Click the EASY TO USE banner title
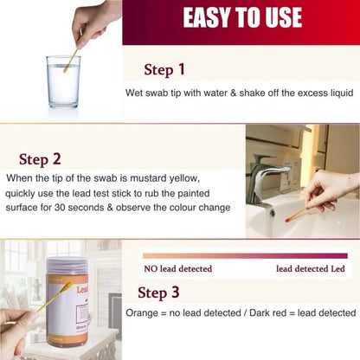coord(241,17)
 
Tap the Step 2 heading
coord(41,159)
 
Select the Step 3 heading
coord(159,292)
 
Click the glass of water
coord(63,82)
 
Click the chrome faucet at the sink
coord(265,180)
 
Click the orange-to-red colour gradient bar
coord(249,255)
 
